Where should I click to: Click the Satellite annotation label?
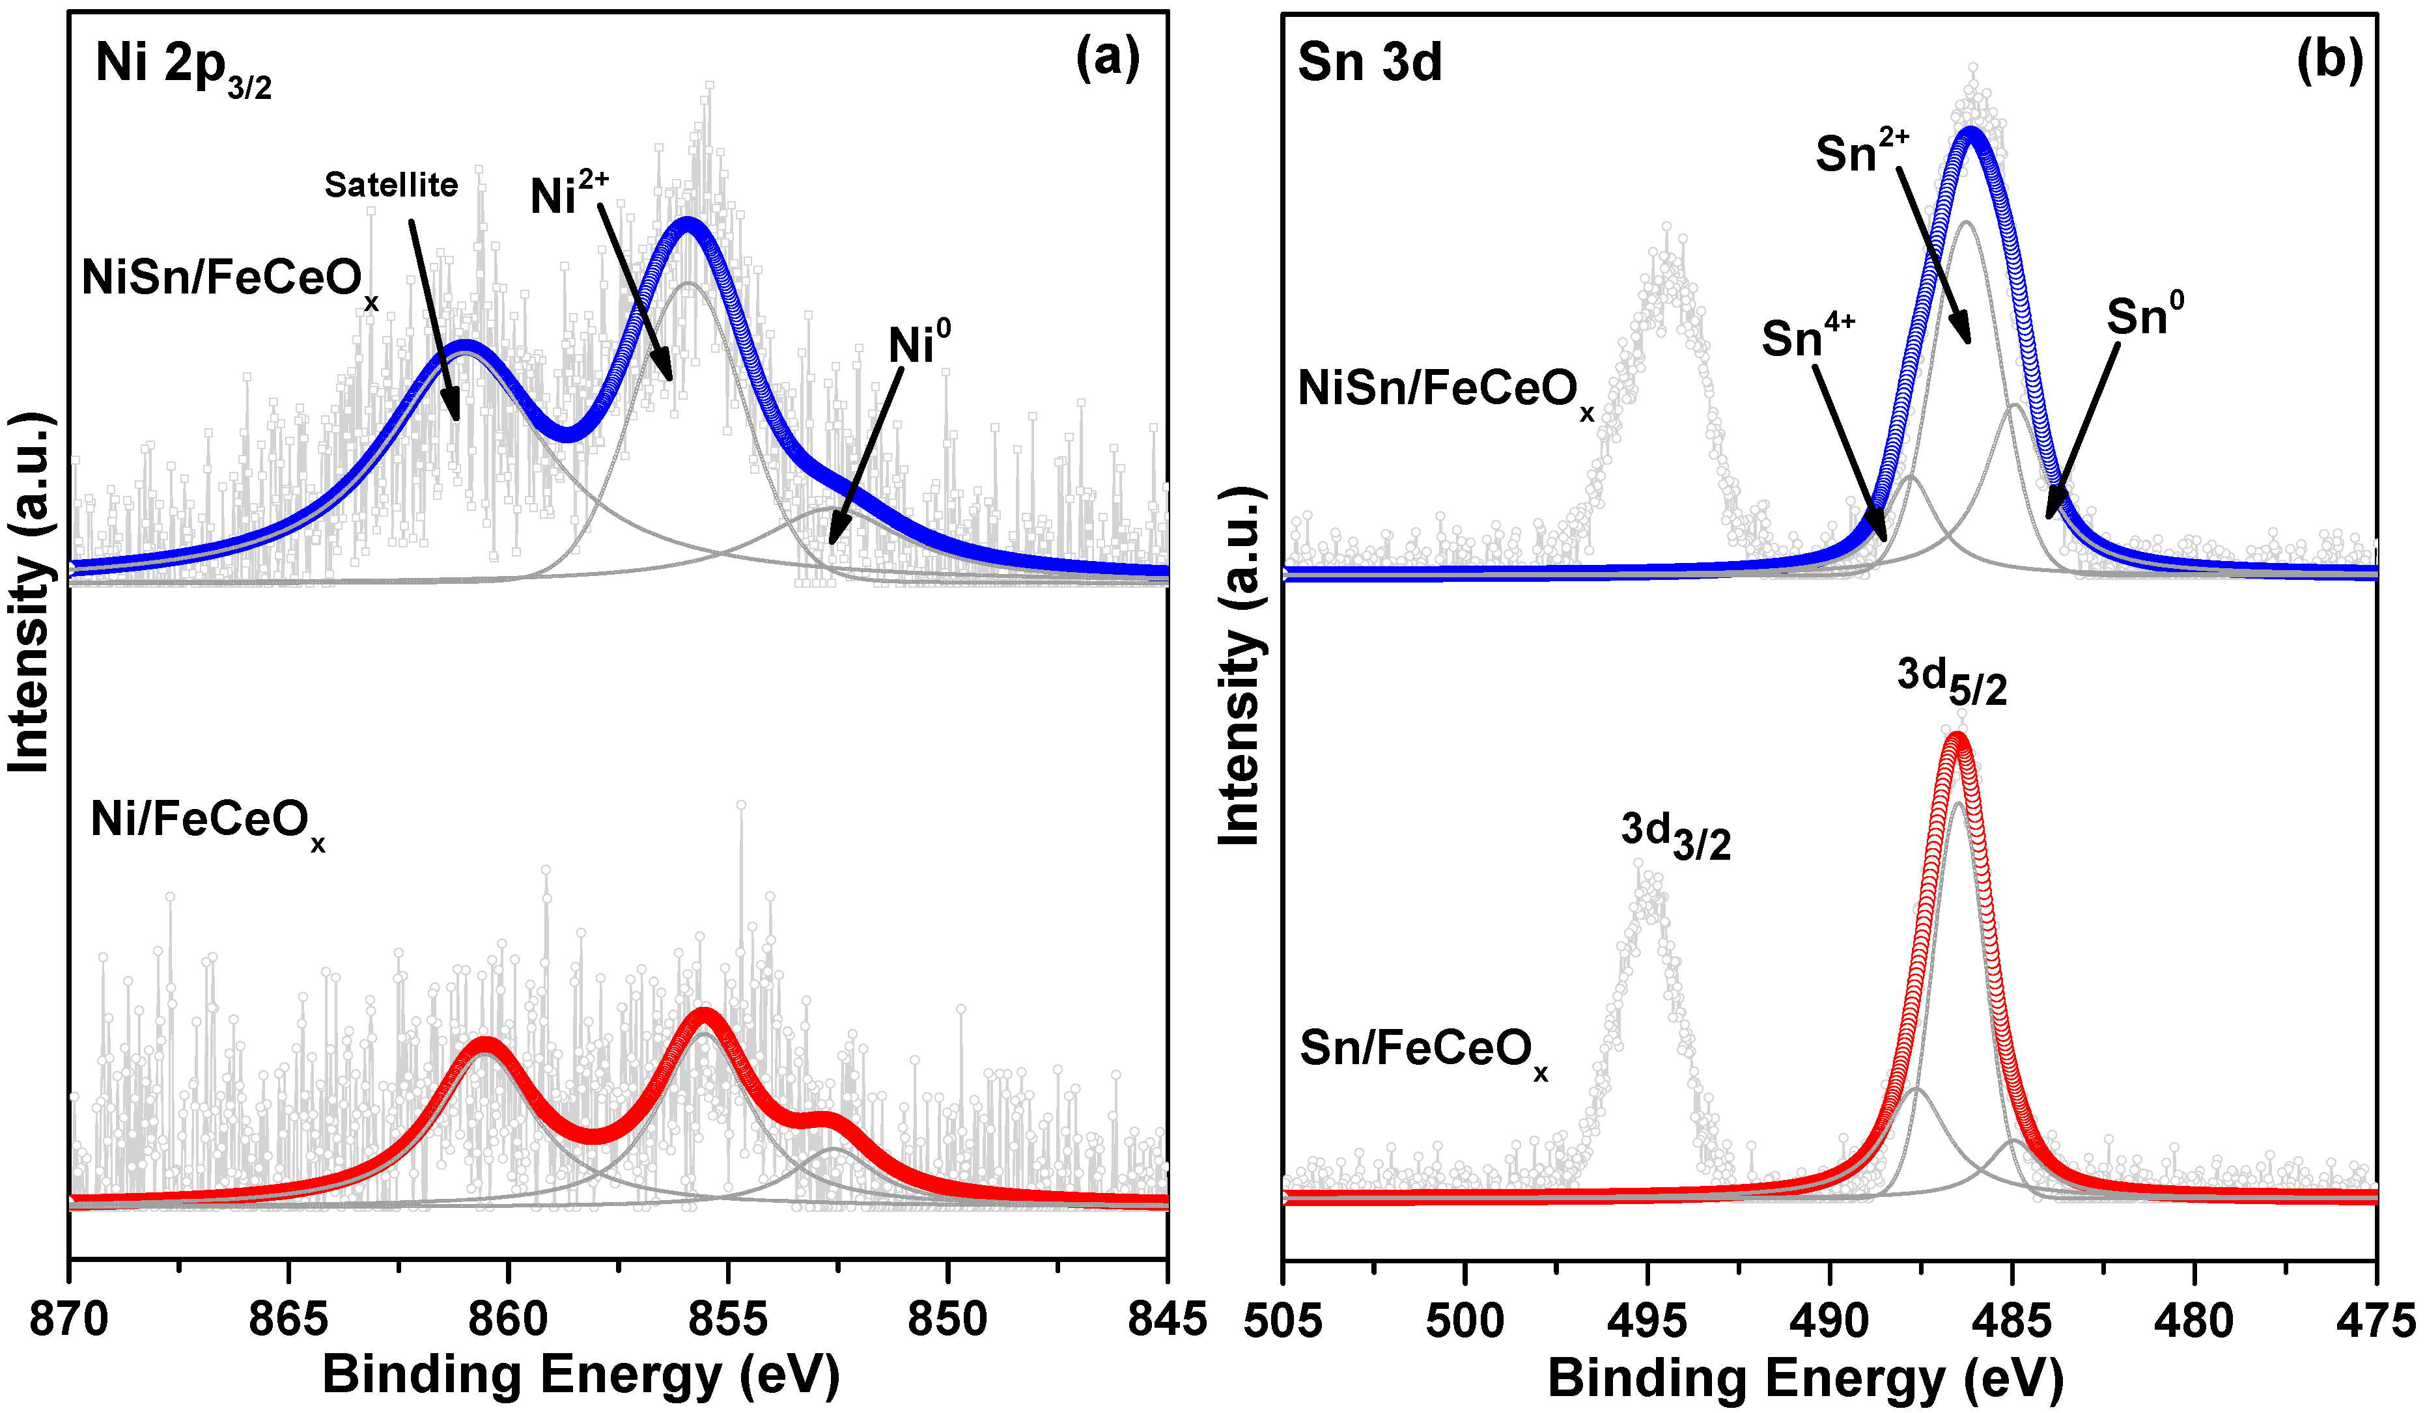[x=391, y=185]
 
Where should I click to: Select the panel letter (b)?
[x=2329, y=60]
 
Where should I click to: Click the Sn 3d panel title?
[x=1369, y=62]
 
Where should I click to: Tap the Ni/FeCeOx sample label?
[x=207, y=823]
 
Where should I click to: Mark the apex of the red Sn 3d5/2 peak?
[x=1956, y=739]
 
